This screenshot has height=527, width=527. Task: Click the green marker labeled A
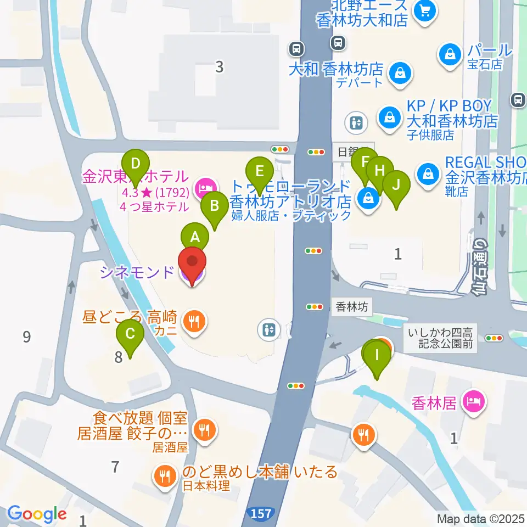(x=195, y=237)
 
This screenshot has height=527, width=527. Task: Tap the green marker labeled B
(x=215, y=206)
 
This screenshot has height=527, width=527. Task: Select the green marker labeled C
(x=130, y=334)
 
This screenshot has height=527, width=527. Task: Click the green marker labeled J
(x=396, y=185)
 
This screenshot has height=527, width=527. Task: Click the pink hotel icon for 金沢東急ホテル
(x=205, y=188)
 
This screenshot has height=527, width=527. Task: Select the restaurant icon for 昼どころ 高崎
(x=193, y=321)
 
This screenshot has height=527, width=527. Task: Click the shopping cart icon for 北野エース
(x=424, y=9)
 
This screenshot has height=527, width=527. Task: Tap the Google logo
(x=37, y=514)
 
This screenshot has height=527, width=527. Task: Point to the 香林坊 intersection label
(x=352, y=307)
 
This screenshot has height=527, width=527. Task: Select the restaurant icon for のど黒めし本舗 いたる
(x=164, y=474)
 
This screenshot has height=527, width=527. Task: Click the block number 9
(x=27, y=337)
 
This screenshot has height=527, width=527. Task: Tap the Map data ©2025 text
(x=481, y=518)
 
